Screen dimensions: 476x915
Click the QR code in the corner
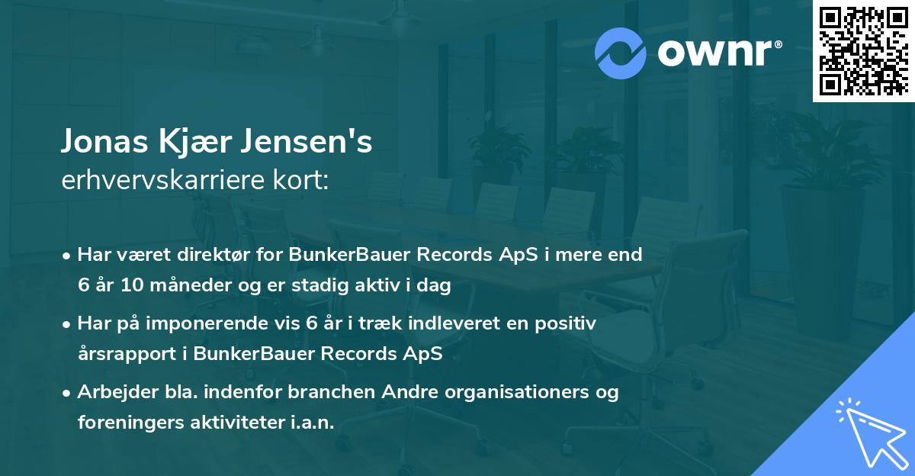[863, 50]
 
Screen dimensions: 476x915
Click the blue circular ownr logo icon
[621, 51]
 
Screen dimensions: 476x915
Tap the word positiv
[565, 323]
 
